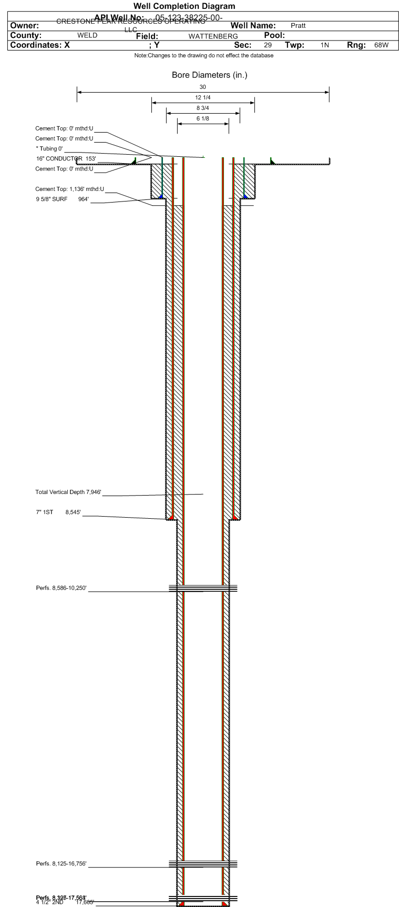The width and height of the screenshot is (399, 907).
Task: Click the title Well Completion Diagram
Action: (x=184, y=6)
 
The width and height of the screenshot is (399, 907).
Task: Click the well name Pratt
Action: (x=298, y=25)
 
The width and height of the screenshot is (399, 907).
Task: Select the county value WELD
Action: (x=87, y=36)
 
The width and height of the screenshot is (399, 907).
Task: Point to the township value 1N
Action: (x=325, y=45)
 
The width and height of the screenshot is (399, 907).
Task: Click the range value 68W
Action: (x=381, y=45)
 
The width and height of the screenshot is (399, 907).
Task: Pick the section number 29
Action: (x=268, y=45)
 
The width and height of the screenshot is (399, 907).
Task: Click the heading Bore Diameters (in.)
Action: (x=209, y=75)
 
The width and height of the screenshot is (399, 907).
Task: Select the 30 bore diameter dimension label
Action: (x=203, y=87)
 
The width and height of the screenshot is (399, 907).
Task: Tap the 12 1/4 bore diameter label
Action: (x=203, y=98)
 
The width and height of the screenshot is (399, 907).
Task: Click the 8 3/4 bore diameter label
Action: (x=203, y=108)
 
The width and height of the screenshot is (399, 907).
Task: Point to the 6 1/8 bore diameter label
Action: (x=203, y=119)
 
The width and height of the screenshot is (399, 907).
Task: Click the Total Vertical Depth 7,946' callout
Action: (x=68, y=492)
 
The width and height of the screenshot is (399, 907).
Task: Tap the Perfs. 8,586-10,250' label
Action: (x=62, y=587)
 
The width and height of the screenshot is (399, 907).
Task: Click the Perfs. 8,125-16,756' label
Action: (x=62, y=863)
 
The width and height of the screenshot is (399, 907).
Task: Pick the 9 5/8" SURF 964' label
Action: (x=62, y=199)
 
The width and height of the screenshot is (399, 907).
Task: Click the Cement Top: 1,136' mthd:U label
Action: (x=69, y=189)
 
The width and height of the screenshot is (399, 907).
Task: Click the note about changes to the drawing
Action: (x=204, y=56)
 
